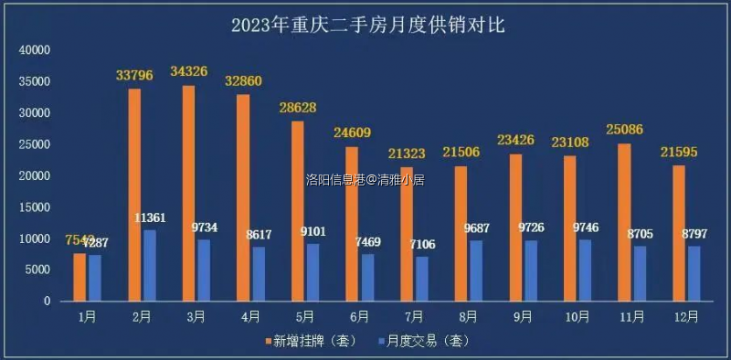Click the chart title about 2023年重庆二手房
(x=367, y=25)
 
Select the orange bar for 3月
(x=189, y=193)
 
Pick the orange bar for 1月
(x=80, y=277)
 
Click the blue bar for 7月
(x=421, y=278)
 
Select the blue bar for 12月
(x=694, y=273)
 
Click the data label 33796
(x=134, y=75)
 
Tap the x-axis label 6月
(x=358, y=316)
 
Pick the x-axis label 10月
(x=576, y=316)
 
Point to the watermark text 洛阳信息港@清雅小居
(x=365, y=179)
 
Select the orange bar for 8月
(x=461, y=233)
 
